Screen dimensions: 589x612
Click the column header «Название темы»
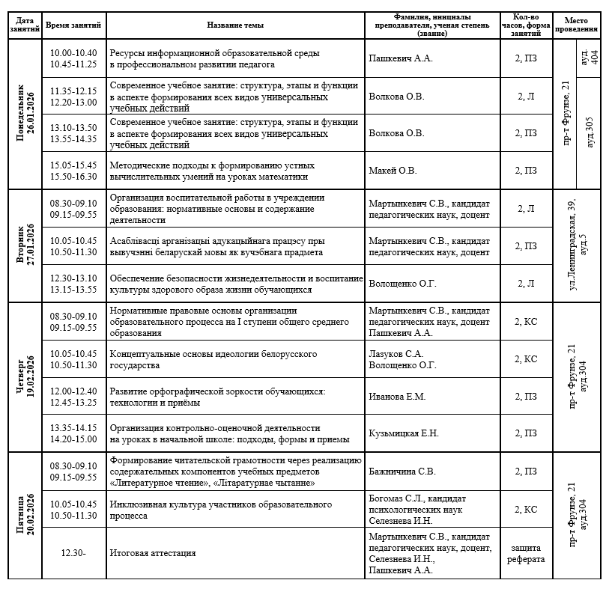(234, 25)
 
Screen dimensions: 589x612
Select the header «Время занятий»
(73, 25)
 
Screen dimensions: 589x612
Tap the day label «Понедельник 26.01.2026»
(25, 115)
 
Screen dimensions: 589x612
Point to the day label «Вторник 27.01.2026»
(25, 246)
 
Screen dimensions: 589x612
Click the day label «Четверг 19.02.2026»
(25, 377)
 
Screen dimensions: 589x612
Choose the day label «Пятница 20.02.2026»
(25, 515)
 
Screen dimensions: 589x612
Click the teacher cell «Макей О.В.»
(393, 171)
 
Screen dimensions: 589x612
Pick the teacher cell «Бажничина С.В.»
(403, 471)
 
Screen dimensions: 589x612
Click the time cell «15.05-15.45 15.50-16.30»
(73, 171)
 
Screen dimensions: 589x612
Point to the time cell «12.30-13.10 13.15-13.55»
(73, 284)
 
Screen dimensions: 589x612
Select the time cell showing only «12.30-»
(73, 553)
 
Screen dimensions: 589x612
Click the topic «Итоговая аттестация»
(153, 553)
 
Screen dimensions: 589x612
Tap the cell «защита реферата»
(526, 553)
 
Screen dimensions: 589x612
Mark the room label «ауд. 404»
(590, 58)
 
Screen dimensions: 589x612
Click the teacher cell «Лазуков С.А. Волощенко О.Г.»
(402, 359)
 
